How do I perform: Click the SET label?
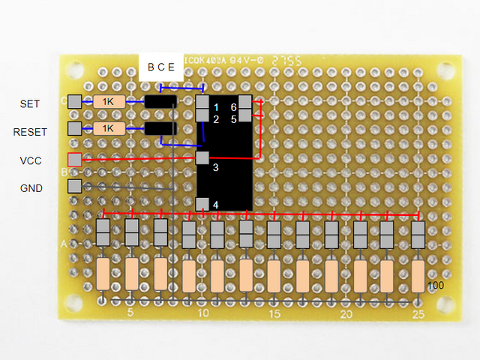point(30,103)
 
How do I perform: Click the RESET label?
point(30,132)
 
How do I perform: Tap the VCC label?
point(30,160)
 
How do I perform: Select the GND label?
point(30,188)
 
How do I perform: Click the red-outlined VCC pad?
point(74,160)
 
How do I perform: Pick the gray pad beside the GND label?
point(74,186)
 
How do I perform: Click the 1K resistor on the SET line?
point(109,102)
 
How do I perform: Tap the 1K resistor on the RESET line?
point(109,128)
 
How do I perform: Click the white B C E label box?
point(160,67)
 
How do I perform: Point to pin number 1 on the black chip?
point(216,108)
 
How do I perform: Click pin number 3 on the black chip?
point(216,167)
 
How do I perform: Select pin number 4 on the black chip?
point(216,205)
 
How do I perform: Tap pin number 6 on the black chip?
point(233,108)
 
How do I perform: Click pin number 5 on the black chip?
point(233,119)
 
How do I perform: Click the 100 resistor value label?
point(436,286)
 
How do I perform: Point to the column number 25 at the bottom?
point(418,314)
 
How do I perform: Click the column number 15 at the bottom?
point(274,314)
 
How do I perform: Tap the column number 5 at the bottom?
point(130,314)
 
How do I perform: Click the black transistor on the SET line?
point(160,102)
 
